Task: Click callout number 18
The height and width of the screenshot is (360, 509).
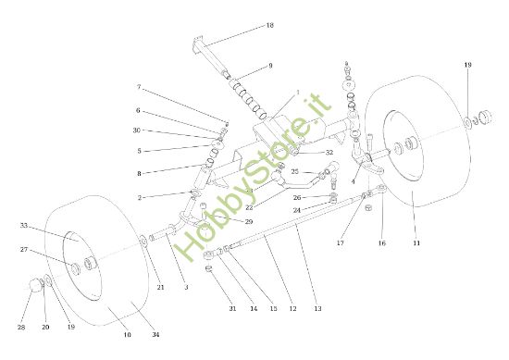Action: tap(270, 25)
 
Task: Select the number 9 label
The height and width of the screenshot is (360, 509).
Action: tap(270, 66)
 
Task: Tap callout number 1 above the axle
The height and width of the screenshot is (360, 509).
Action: tap(298, 93)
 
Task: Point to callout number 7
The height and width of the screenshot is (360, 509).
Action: tap(139, 88)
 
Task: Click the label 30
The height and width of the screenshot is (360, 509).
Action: tap(137, 130)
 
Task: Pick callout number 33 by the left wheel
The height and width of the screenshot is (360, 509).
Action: tap(24, 225)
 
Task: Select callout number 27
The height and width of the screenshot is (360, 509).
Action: tap(24, 249)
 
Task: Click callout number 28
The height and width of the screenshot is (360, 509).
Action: tap(21, 328)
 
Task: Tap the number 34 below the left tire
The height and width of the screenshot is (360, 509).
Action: tap(155, 334)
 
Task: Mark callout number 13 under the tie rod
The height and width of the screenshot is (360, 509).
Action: tap(317, 308)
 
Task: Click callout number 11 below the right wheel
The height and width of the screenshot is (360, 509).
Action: tap(416, 242)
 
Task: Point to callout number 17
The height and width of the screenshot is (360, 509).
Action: tap(340, 243)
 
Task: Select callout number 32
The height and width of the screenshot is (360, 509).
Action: tap(329, 153)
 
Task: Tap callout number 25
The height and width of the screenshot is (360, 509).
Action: tap(294, 171)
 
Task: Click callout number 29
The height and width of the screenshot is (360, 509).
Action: tap(249, 222)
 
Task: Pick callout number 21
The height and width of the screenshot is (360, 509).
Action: tap(160, 289)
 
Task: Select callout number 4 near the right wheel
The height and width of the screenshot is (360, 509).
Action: tap(352, 181)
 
